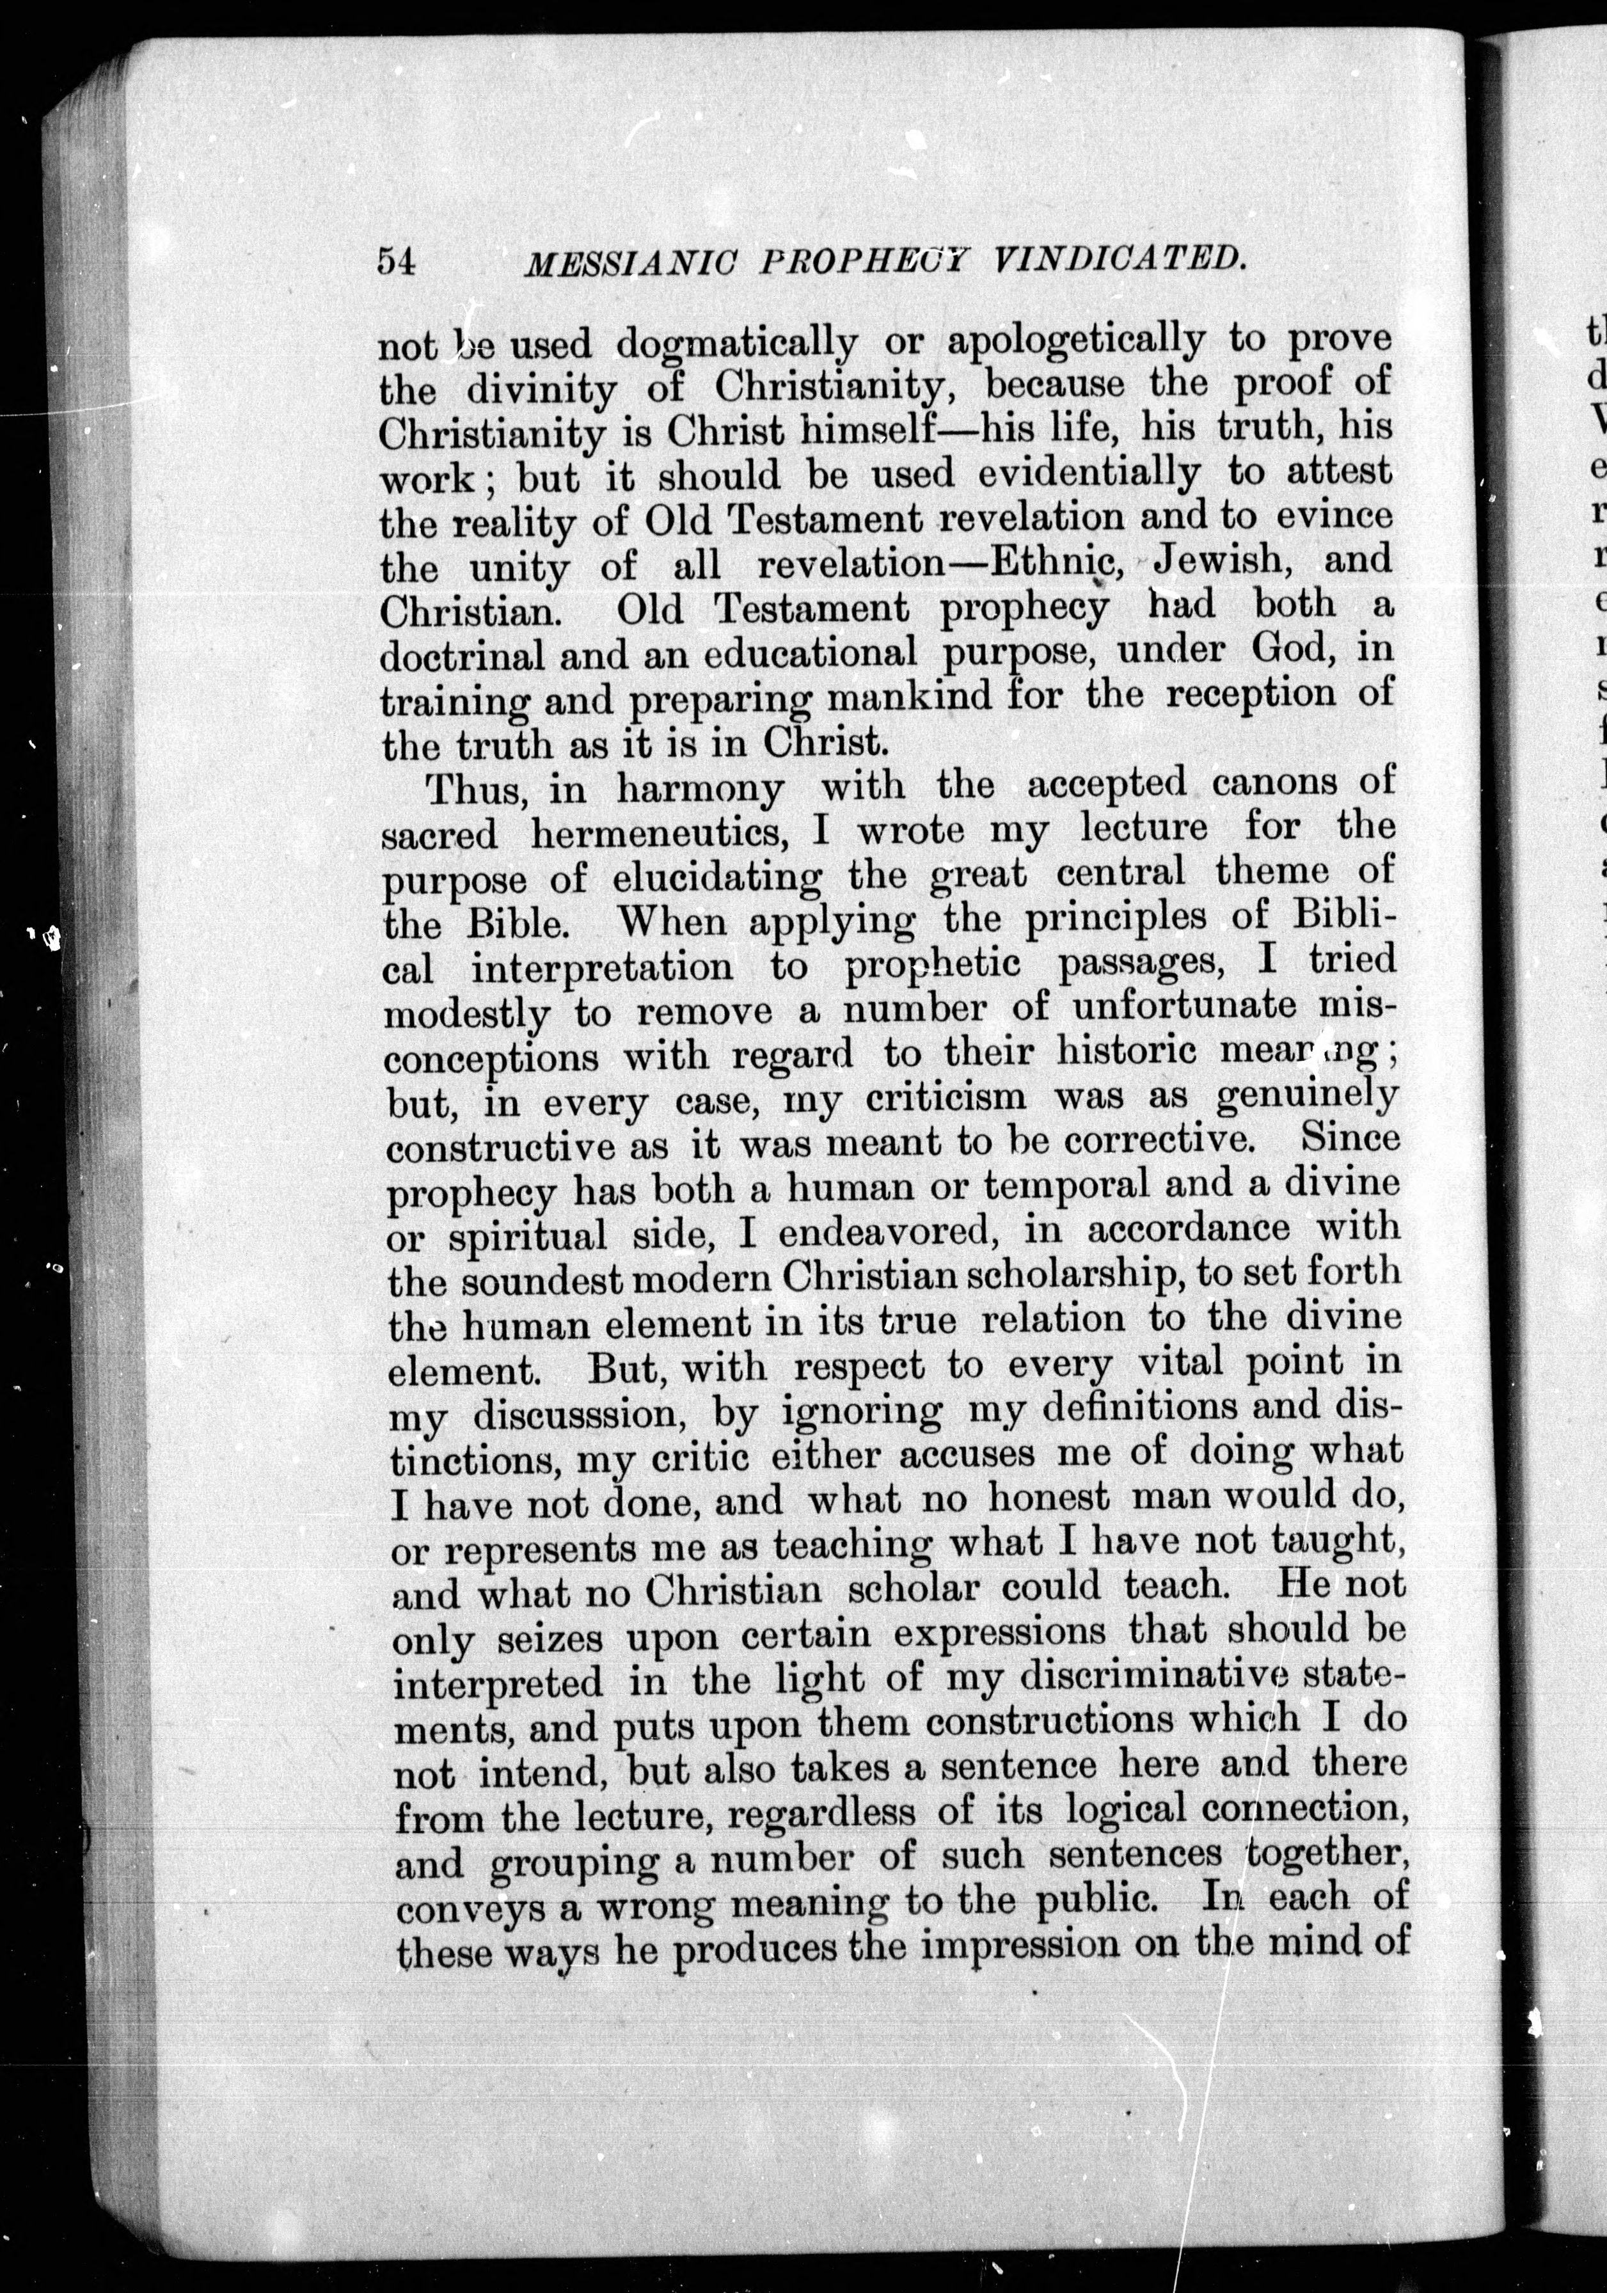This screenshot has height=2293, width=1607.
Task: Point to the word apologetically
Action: tap(1075, 340)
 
